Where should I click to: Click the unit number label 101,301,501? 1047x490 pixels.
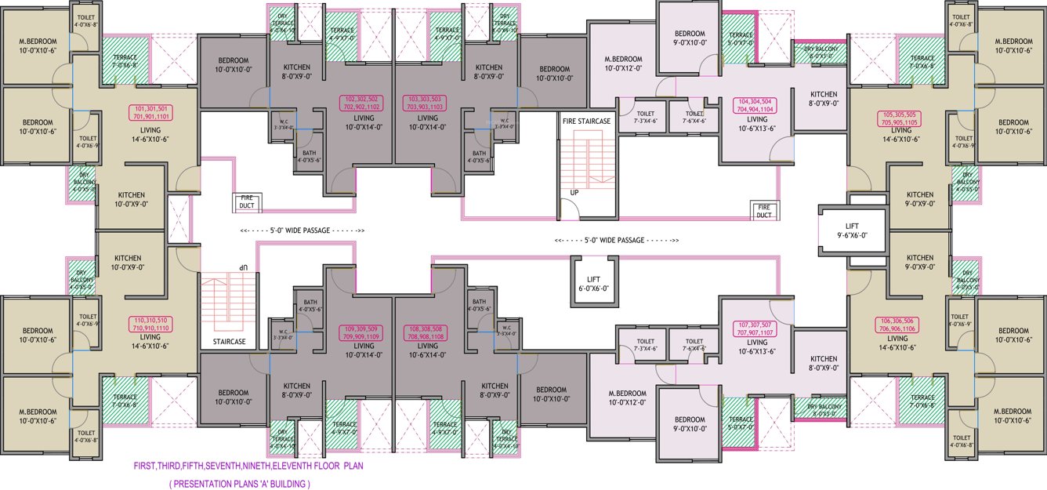click(x=152, y=108)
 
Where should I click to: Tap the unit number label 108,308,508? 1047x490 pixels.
click(x=426, y=328)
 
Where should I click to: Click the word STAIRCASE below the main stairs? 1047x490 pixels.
click(x=223, y=342)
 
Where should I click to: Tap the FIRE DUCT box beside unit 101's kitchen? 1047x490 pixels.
click(x=247, y=203)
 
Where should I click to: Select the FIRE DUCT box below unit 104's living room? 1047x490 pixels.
click(x=763, y=210)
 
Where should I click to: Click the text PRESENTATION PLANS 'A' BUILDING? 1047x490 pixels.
click(x=239, y=484)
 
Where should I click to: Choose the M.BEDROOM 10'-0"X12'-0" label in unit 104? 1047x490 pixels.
click(x=623, y=64)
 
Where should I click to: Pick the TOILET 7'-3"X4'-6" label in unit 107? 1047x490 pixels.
click(x=645, y=345)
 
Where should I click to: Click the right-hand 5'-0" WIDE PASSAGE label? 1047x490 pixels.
click(x=616, y=240)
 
